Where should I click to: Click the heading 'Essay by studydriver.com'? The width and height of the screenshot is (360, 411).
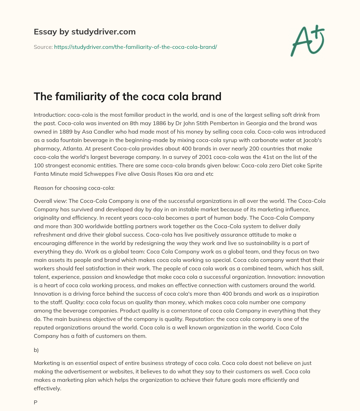pyautogui.click(x=84, y=32)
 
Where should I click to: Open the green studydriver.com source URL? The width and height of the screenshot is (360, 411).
pyautogui.click(x=135, y=47)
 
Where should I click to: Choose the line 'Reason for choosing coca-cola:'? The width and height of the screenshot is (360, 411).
pyautogui.click(x=74, y=188)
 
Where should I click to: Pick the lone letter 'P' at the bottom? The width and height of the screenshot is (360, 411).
pyautogui.click(x=36, y=403)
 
